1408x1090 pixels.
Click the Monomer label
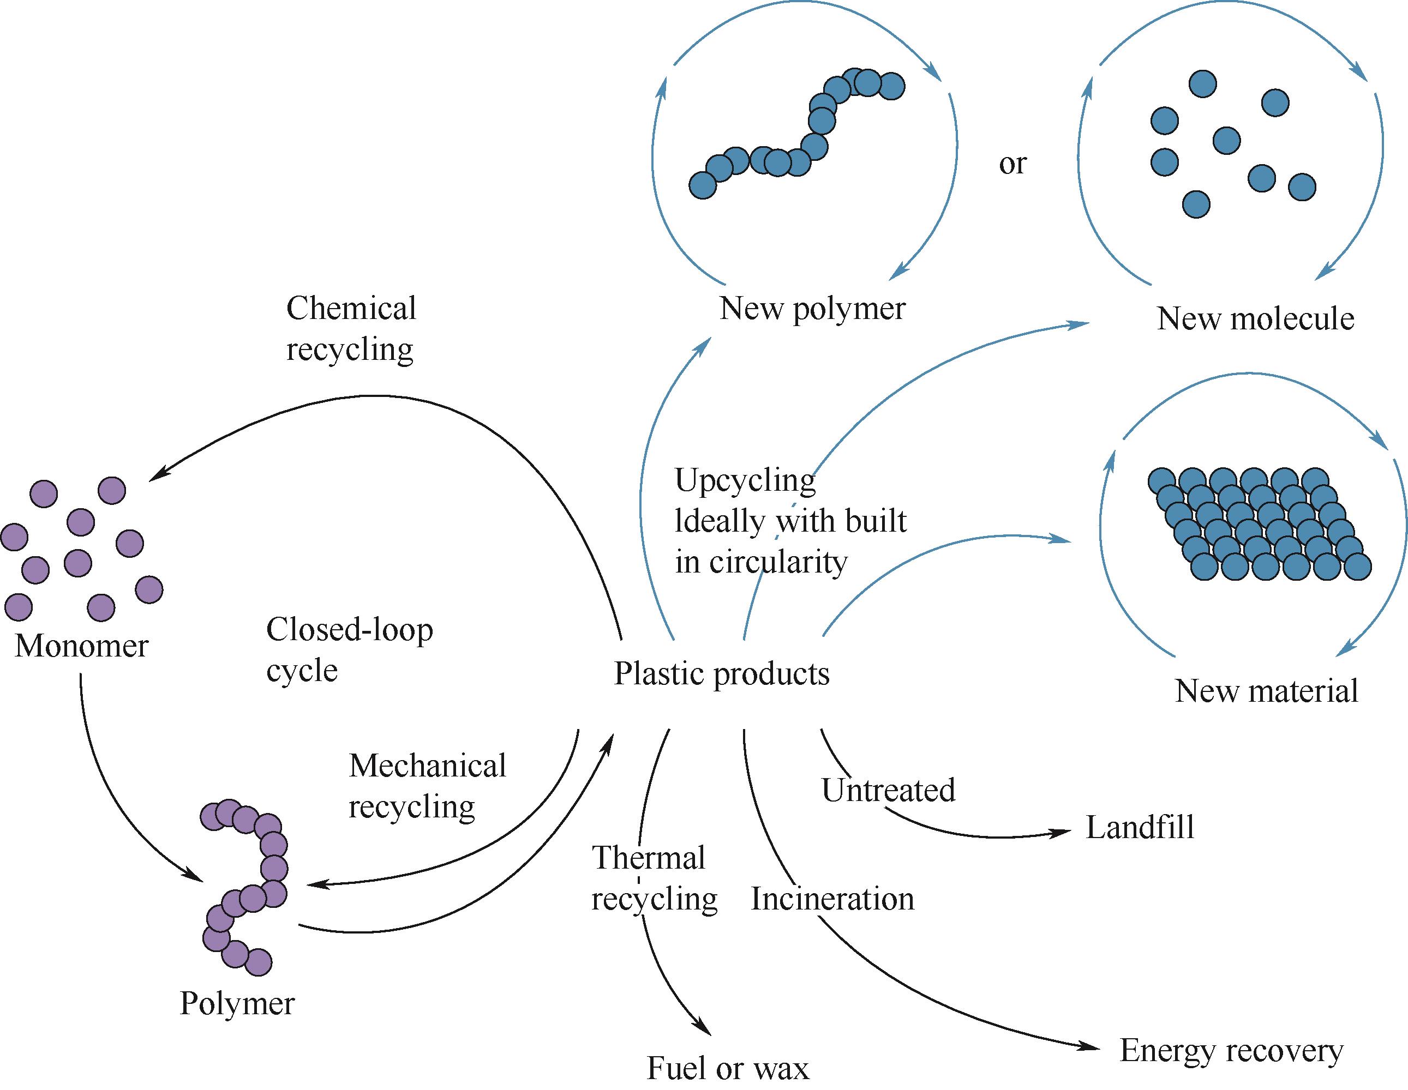pyautogui.click(x=81, y=646)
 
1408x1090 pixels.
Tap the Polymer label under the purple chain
pyautogui.click(x=237, y=1003)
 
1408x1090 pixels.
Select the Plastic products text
pyautogui.click(x=721, y=674)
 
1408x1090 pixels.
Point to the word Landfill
pyautogui.click(x=1140, y=827)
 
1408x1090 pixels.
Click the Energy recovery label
pyautogui.click(x=1231, y=1051)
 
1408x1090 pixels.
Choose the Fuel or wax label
pyautogui.click(x=727, y=1068)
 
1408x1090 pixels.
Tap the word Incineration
pyautogui.click(x=832, y=899)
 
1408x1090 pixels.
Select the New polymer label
pyautogui.click(x=812, y=309)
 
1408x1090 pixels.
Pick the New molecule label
pyautogui.click(x=1255, y=319)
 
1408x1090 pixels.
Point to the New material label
pyautogui.click(x=1266, y=691)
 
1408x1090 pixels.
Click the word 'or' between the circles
pyautogui.click(x=1012, y=164)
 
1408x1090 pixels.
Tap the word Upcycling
pyautogui.click(x=745, y=480)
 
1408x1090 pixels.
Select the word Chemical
pyautogui.click(x=351, y=309)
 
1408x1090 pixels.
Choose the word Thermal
pyautogui.click(x=649, y=858)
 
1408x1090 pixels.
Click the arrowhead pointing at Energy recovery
pyautogui.click(x=1091, y=1047)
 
